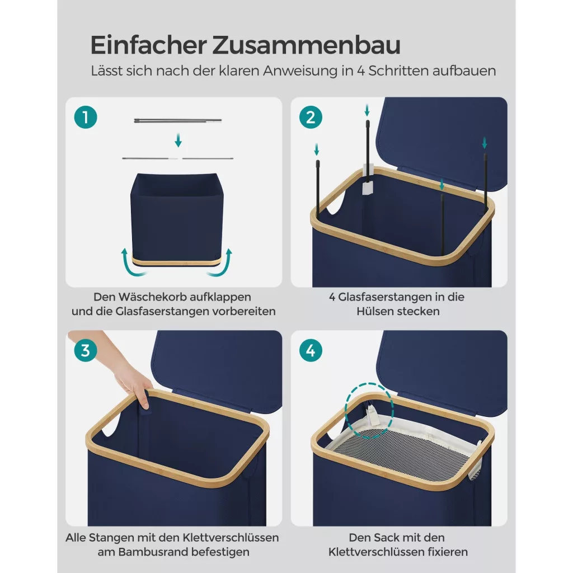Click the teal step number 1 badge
[86, 118]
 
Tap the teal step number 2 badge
[311, 118]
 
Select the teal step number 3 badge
[86, 350]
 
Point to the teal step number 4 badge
[311, 350]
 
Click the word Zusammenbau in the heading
[306, 45]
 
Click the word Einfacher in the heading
[148, 45]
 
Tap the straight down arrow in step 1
[178, 140]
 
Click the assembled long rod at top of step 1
[178, 120]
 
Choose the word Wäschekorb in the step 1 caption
[152, 297]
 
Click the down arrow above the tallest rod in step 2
[367, 110]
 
